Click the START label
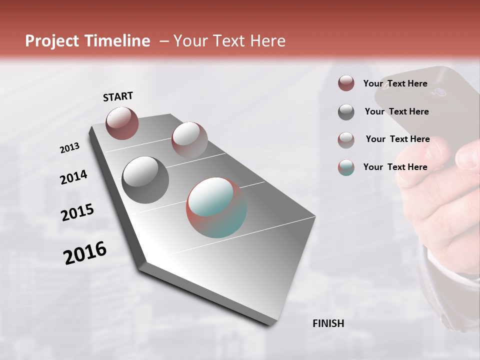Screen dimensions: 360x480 tap(118, 96)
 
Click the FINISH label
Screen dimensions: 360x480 tap(328, 323)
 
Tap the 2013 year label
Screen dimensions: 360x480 tap(69, 148)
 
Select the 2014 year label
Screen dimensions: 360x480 tap(73, 177)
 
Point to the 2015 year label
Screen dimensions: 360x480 tap(77, 212)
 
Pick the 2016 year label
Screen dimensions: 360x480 tap(85, 253)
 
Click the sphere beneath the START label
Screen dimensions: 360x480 tap(122, 123)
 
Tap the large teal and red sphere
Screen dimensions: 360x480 tap(216, 207)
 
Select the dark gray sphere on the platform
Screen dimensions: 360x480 tap(145, 180)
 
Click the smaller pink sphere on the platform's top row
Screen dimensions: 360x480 tap(189, 139)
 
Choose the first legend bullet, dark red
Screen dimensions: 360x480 tap(346, 83)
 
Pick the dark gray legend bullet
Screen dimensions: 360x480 tap(346, 112)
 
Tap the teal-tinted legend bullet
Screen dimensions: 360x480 tap(346, 167)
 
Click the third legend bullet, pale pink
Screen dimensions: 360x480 tap(346, 140)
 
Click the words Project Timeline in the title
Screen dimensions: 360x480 tap(87, 41)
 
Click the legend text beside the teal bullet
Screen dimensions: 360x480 tap(395, 167)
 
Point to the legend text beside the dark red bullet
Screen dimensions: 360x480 tap(395, 83)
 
